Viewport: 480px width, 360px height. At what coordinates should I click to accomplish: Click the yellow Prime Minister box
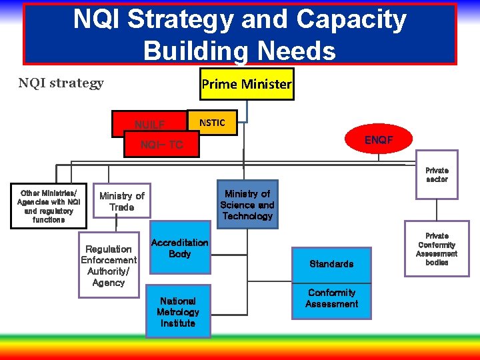tap(247, 84)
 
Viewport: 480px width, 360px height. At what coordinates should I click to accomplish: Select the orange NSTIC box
tap(212, 123)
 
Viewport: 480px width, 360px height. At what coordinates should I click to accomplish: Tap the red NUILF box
tap(149, 124)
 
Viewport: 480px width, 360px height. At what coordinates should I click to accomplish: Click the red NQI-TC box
tap(161, 145)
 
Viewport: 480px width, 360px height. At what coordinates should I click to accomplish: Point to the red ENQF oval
tap(369, 140)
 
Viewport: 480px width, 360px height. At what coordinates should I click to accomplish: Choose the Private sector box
tap(437, 175)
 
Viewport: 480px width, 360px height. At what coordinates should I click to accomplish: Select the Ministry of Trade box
tap(122, 201)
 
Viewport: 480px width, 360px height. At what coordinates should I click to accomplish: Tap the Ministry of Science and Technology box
tap(247, 205)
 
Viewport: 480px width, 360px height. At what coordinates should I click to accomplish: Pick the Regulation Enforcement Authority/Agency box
tap(109, 265)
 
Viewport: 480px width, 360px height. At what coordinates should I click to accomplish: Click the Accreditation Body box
tap(179, 248)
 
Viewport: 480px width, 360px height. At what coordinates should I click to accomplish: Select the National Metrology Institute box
tap(178, 311)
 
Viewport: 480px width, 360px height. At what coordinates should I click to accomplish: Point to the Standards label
tap(331, 264)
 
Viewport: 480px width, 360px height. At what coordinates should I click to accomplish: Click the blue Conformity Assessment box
tap(332, 299)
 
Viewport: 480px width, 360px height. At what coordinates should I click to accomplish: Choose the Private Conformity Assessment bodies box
tap(437, 249)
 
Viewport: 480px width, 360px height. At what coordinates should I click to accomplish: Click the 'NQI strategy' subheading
tap(61, 83)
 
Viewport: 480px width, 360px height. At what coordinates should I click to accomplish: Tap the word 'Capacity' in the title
tap(351, 20)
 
